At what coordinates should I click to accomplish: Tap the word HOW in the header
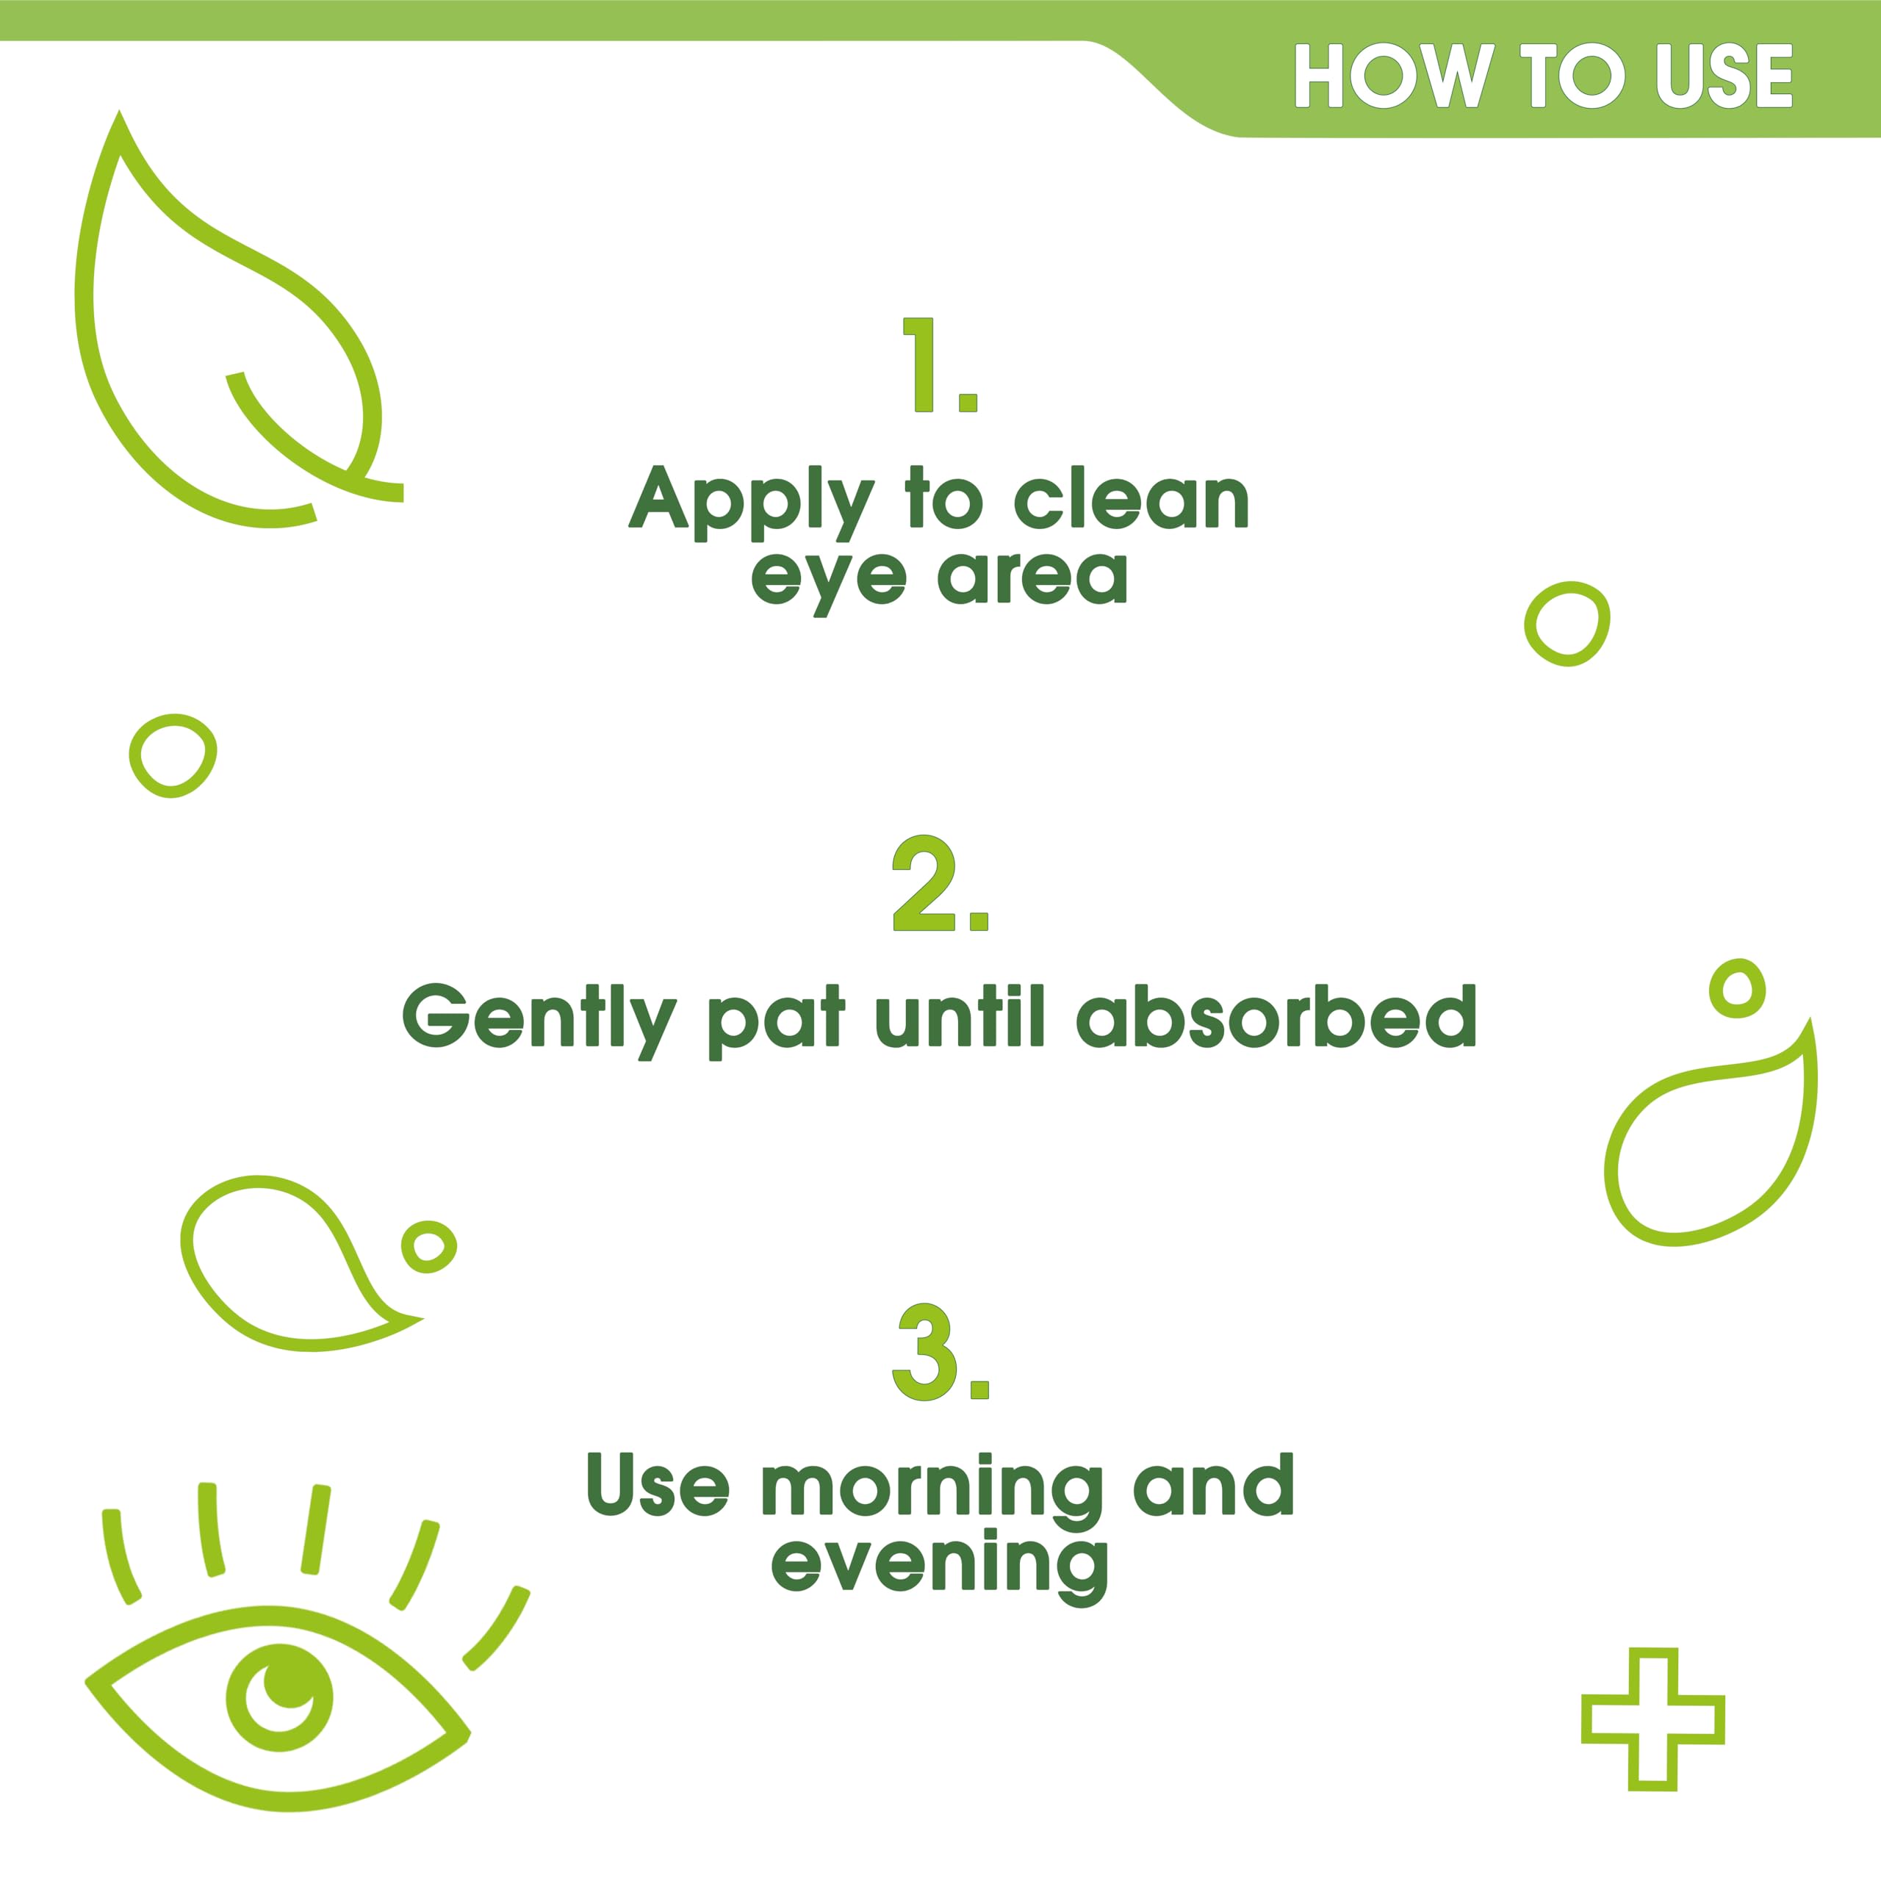(1393, 76)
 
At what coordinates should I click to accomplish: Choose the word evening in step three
(940, 1567)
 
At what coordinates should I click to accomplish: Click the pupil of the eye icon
(279, 1697)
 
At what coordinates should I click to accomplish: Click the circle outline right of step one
(1567, 624)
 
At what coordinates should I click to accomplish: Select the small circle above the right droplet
(1737, 989)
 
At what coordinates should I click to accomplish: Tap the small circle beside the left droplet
(428, 1246)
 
